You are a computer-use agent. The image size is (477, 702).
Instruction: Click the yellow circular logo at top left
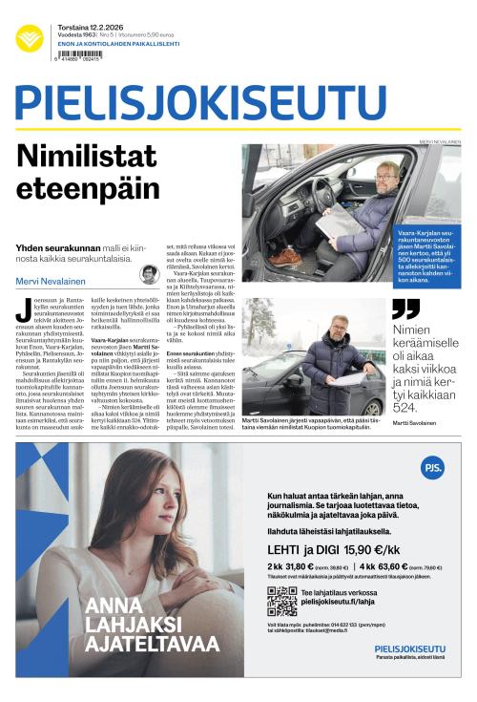[x=30, y=38]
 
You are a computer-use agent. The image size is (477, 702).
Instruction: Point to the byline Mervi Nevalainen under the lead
[x=49, y=281]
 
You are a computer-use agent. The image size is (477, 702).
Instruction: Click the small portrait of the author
[x=149, y=275]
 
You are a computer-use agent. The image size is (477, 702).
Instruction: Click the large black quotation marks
[x=406, y=308]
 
